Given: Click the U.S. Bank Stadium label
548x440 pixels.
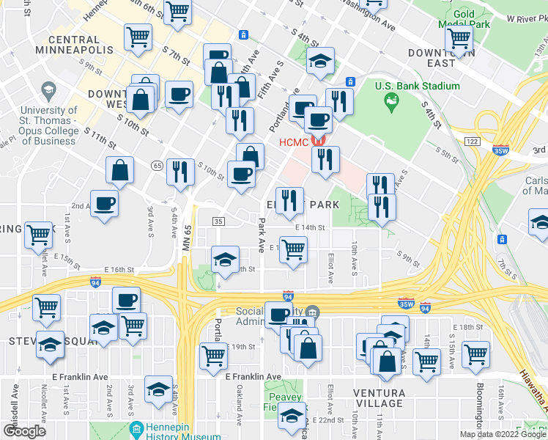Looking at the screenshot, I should point(418,86).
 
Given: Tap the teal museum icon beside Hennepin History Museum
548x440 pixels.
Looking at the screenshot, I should point(136,429).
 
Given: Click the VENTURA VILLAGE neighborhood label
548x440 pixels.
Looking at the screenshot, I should point(379,397).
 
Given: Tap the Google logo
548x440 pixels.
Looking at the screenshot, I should point(24,430).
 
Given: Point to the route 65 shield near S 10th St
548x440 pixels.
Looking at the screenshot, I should point(158,166).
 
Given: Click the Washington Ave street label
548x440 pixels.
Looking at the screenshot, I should point(367,20).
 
